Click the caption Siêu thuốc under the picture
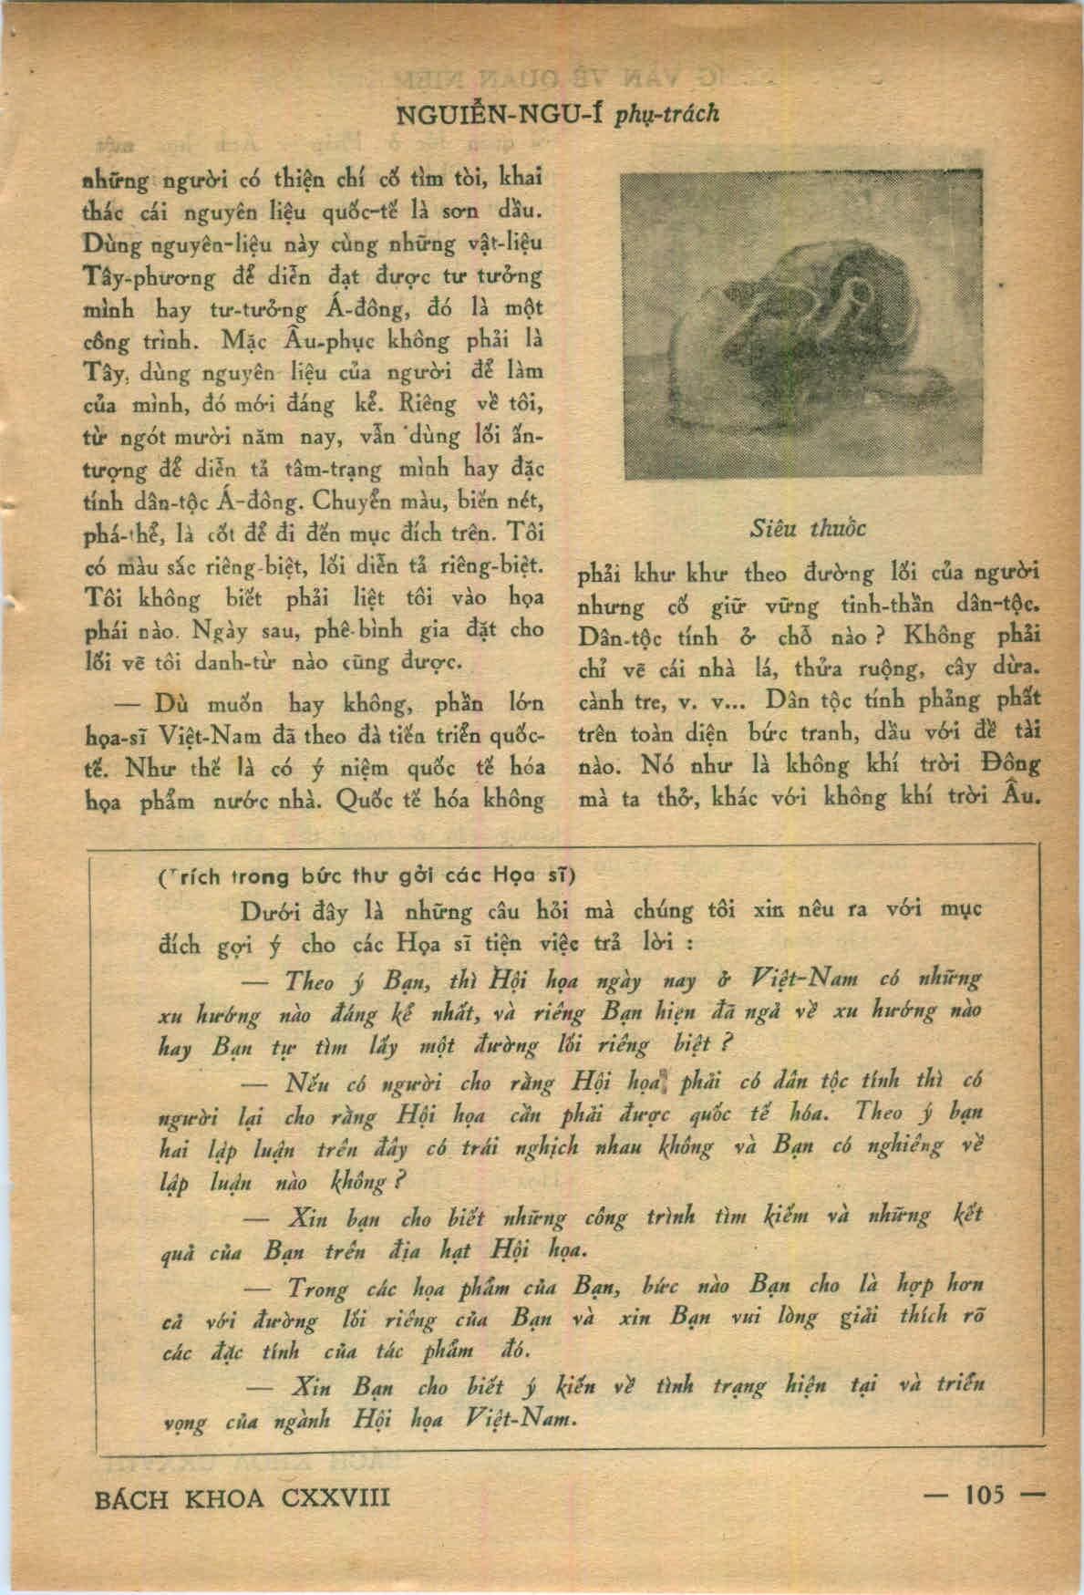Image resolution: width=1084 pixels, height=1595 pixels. pos(808,529)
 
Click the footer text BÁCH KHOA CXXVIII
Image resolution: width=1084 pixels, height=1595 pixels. pos(242,1497)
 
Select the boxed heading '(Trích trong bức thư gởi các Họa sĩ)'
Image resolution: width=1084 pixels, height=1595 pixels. pos(366,876)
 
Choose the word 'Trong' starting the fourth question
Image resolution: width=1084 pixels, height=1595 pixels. pos(318,1288)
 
